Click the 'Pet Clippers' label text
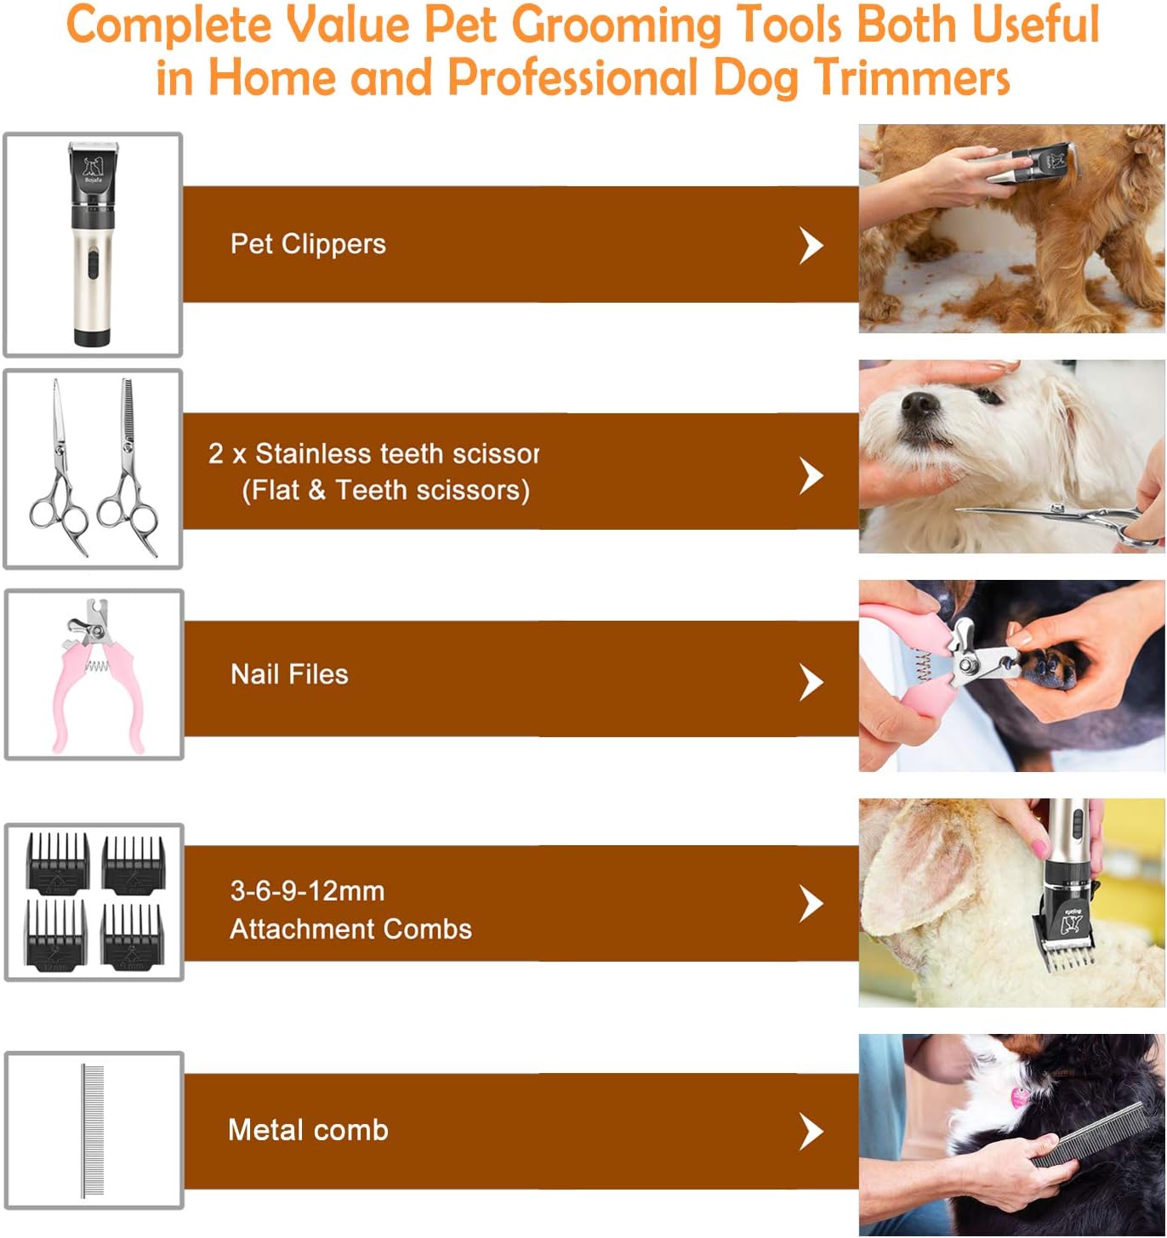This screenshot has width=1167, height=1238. pos(308,244)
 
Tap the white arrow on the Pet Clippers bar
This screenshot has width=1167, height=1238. pos(811,246)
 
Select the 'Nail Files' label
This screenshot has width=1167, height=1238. pos(289,674)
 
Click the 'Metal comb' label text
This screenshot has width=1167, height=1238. pos(308,1130)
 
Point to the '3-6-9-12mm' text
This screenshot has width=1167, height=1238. pos(307,891)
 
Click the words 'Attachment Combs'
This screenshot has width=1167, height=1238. pos(350,928)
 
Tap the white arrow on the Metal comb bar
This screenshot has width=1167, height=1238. pos(811,1132)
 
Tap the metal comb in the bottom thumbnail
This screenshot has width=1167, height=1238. pos(93,1130)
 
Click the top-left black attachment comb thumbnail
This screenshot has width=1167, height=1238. pos(58,861)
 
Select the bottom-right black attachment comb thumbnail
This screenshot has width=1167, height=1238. pos(132,936)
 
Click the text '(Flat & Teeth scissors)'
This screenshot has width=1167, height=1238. pos(385,491)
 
